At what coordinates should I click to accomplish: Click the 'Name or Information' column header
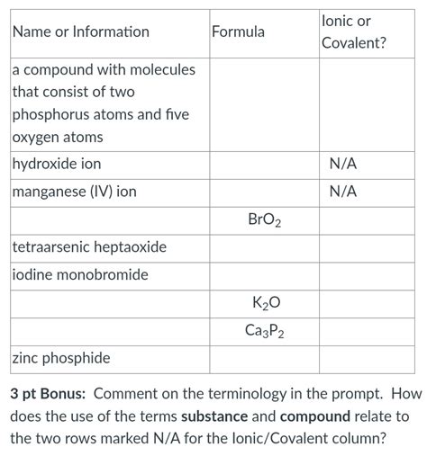coord(81,32)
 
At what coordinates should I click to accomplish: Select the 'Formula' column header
coord(238,32)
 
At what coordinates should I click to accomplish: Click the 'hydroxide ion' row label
coord(57,165)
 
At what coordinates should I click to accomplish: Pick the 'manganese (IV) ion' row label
coord(74,192)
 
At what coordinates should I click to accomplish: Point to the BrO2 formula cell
coord(264,219)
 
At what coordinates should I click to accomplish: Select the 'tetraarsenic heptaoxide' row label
coord(89,246)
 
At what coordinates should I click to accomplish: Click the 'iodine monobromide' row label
coord(80,274)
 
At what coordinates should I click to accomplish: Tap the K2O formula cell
coord(264,303)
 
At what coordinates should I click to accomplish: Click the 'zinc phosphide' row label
coord(61,358)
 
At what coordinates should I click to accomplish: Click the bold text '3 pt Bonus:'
coord(48,394)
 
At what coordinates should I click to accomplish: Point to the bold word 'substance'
coord(216,417)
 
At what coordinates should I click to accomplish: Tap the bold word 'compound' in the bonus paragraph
coord(314,417)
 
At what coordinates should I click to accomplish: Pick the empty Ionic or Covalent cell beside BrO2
coord(369,219)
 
